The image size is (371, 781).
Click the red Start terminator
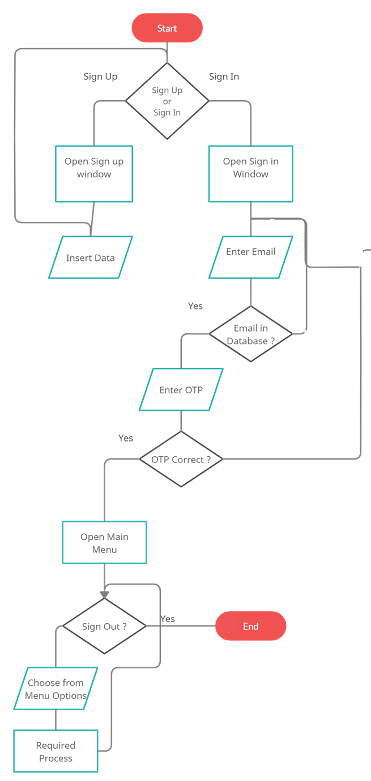(167, 28)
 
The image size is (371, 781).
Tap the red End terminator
(250, 626)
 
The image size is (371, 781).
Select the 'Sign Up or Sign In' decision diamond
(167, 101)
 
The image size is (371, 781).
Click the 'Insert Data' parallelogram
(91, 258)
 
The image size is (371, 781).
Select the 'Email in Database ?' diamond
(250, 334)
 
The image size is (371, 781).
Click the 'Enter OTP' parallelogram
(181, 389)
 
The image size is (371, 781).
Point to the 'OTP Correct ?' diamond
(181, 460)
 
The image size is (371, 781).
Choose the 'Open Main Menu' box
(104, 543)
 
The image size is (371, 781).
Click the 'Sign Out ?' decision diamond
(104, 626)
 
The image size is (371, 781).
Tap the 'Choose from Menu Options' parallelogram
(56, 689)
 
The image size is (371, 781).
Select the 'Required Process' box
(56, 751)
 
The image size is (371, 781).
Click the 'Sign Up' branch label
(100, 76)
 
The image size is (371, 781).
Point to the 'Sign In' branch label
(224, 76)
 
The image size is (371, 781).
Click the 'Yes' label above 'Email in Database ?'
(195, 306)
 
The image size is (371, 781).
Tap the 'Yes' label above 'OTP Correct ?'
(126, 437)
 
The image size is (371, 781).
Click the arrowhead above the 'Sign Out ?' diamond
(104, 594)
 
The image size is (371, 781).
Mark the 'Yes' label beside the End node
(168, 619)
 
